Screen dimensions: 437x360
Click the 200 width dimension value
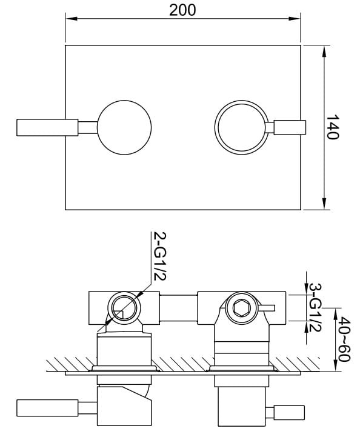(182, 10)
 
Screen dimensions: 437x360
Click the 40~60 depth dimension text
(345, 339)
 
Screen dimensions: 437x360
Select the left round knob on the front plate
(124, 127)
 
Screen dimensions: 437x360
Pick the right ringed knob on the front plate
(241, 127)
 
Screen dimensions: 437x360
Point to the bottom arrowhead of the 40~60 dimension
(334, 366)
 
